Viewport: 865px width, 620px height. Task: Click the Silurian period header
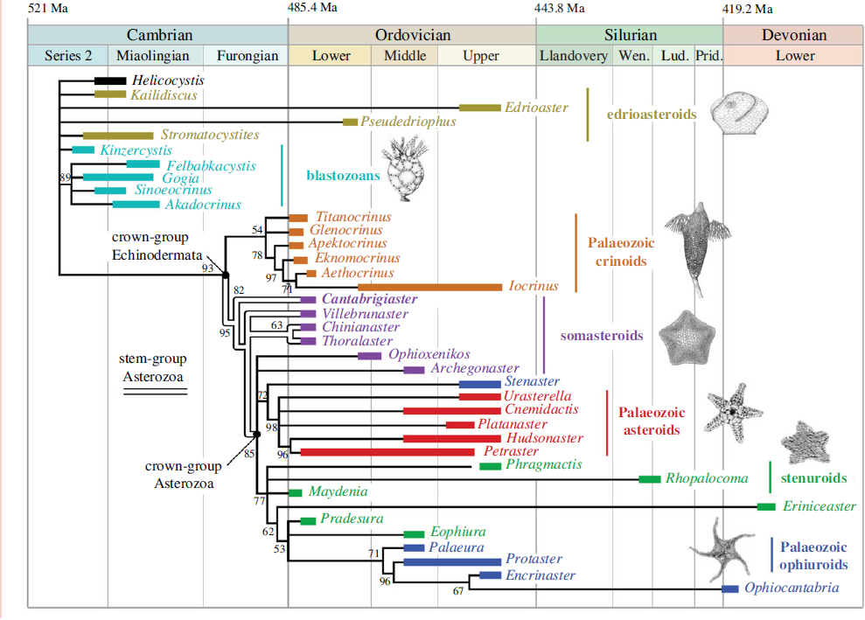[x=630, y=35]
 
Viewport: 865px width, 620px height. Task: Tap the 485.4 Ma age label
[x=312, y=10]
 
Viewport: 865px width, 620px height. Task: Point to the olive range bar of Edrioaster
[x=479, y=108]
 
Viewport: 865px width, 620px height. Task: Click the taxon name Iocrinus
[x=533, y=286]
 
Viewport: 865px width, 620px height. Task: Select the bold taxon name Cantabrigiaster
[x=370, y=299]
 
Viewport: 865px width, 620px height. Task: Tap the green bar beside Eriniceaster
[x=766, y=507]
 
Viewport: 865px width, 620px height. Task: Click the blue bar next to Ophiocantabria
[x=730, y=589]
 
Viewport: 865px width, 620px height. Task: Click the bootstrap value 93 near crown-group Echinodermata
[x=207, y=268]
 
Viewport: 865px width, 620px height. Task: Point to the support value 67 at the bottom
[x=458, y=591]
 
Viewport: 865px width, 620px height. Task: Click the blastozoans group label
[x=343, y=175]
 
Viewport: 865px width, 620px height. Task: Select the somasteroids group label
[x=601, y=335]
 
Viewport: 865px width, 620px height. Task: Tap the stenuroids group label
[x=813, y=478]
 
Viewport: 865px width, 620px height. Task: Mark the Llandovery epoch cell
[x=574, y=56]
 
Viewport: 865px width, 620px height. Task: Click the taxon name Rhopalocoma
[x=707, y=478]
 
